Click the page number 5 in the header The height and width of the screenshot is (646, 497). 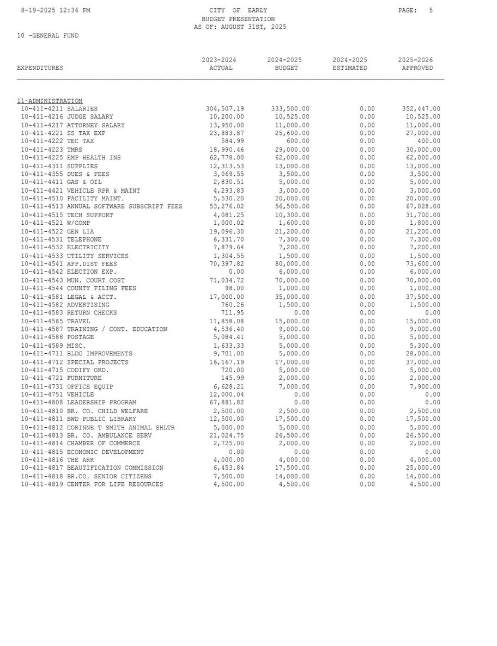(431, 10)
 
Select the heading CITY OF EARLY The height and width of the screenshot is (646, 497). (238, 10)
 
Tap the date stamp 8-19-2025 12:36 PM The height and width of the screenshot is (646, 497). (56, 10)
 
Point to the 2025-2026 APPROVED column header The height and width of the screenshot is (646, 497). (417, 64)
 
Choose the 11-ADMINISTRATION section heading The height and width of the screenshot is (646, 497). (50, 101)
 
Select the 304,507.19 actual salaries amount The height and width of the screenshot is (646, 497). (225, 109)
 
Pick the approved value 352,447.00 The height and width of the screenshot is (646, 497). (421, 109)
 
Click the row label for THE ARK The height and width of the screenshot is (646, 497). (80, 460)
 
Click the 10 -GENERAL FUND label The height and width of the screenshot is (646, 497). (47, 35)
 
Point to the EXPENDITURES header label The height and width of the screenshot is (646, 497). (40, 68)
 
